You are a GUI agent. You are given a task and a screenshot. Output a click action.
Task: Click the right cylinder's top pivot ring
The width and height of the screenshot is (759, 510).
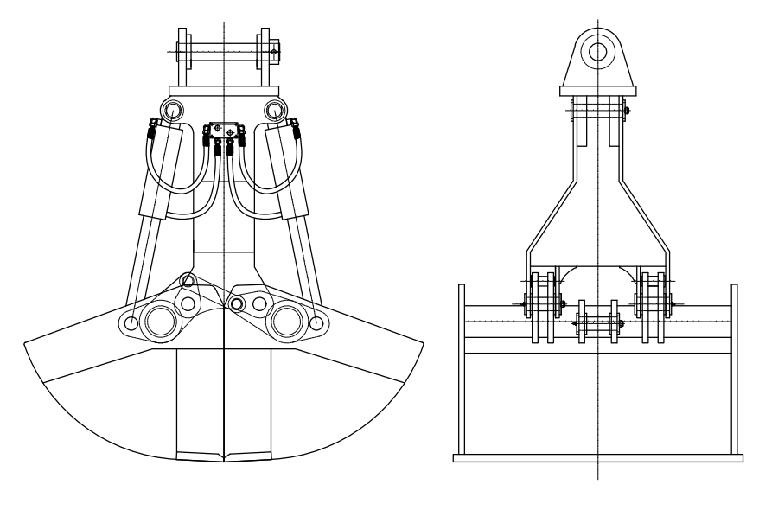point(276,110)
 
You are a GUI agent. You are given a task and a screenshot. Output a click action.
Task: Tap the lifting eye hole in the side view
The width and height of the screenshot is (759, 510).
point(597,51)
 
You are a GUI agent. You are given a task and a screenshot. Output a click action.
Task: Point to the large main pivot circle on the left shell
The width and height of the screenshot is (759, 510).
point(161,321)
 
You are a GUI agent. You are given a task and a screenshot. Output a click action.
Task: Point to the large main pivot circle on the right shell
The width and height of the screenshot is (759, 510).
point(285,321)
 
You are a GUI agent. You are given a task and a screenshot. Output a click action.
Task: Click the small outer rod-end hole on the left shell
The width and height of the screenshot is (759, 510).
point(130,323)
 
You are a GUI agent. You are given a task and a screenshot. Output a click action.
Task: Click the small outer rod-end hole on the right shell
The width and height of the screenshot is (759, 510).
point(316,323)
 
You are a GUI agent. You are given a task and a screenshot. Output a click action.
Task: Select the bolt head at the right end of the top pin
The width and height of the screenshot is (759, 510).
point(274,53)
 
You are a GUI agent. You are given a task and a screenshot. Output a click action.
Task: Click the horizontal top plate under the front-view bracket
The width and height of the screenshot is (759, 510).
point(224,91)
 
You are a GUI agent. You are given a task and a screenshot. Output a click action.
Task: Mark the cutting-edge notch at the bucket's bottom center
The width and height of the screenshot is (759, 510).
point(223,456)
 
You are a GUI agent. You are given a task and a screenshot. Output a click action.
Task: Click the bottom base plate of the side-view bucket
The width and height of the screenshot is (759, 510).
point(597,458)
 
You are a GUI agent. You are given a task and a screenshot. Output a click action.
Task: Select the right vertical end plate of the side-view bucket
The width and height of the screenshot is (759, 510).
point(735,372)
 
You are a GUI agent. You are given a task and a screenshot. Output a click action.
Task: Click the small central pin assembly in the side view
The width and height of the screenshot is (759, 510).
point(597,323)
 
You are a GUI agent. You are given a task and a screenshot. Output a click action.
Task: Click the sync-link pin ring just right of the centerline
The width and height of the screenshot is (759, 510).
point(237,304)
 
